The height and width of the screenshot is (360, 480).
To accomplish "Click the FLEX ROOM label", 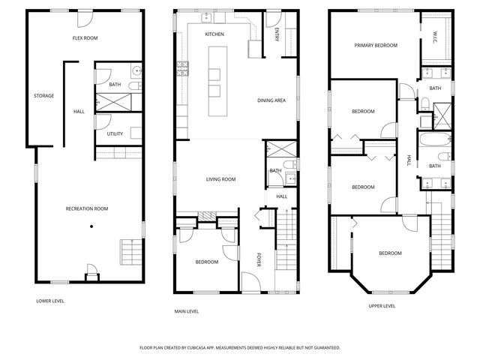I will click(x=85, y=37).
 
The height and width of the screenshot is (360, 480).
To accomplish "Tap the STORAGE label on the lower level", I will click(x=43, y=95).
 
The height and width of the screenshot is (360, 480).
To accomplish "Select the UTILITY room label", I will click(x=115, y=134).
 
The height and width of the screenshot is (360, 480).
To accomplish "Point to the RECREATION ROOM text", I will click(x=87, y=208).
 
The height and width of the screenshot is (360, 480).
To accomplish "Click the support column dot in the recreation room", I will click(x=91, y=226).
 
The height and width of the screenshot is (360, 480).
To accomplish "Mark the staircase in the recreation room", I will click(x=130, y=250).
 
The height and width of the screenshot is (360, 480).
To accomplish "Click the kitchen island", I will click(x=214, y=79).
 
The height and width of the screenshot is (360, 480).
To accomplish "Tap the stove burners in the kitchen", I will click(x=181, y=70).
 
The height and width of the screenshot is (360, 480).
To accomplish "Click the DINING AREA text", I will click(x=271, y=100).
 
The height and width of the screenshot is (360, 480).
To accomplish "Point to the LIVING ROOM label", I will click(x=221, y=179).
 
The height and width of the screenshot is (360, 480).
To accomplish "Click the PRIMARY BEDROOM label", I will click(x=376, y=45).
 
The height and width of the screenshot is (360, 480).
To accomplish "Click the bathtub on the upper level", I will click(x=433, y=141).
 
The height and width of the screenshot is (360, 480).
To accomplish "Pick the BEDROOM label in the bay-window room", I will click(x=390, y=253).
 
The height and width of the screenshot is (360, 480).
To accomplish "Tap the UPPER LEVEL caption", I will click(x=382, y=306).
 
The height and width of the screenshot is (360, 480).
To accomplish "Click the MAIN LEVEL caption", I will click(x=186, y=310).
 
